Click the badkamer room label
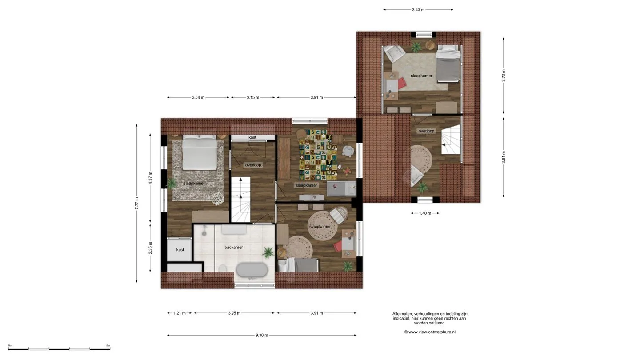click(x=234, y=248)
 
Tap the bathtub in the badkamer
click(x=252, y=270)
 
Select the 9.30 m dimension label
click(x=262, y=335)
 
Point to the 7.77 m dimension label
click(x=136, y=204)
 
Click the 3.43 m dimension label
click(x=418, y=10)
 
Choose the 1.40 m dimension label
click(x=425, y=213)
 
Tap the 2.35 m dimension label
click(x=150, y=248)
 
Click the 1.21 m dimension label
click(x=180, y=313)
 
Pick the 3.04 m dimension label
click(x=198, y=97)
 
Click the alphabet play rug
click(x=318, y=155)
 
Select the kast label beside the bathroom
click(x=180, y=250)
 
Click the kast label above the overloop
click(x=252, y=137)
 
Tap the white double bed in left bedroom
click(x=200, y=152)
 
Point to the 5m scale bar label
click(x=108, y=346)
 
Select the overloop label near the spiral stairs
click(x=426, y=131)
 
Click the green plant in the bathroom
click(x=268, y=253)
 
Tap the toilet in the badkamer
click(x=223, y=268)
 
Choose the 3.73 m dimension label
click(x=504, y=76)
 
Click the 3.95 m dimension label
click(x=234, y=313)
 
